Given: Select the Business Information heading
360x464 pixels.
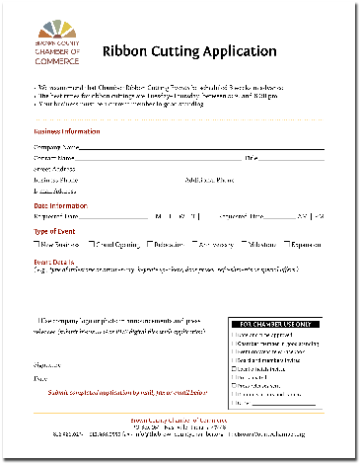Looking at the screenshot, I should pyautogui.click(x=66, y=131).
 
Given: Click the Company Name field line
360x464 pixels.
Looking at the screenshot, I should pyautogui.click(x=197, y=147).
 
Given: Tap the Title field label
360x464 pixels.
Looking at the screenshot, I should pyautogui.click(x=252, y=157).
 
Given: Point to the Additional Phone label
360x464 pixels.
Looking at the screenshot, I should pyautogui.click(x=210, y=180).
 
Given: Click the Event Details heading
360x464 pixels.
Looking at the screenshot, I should pyautogui.click(x=53, y=260).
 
